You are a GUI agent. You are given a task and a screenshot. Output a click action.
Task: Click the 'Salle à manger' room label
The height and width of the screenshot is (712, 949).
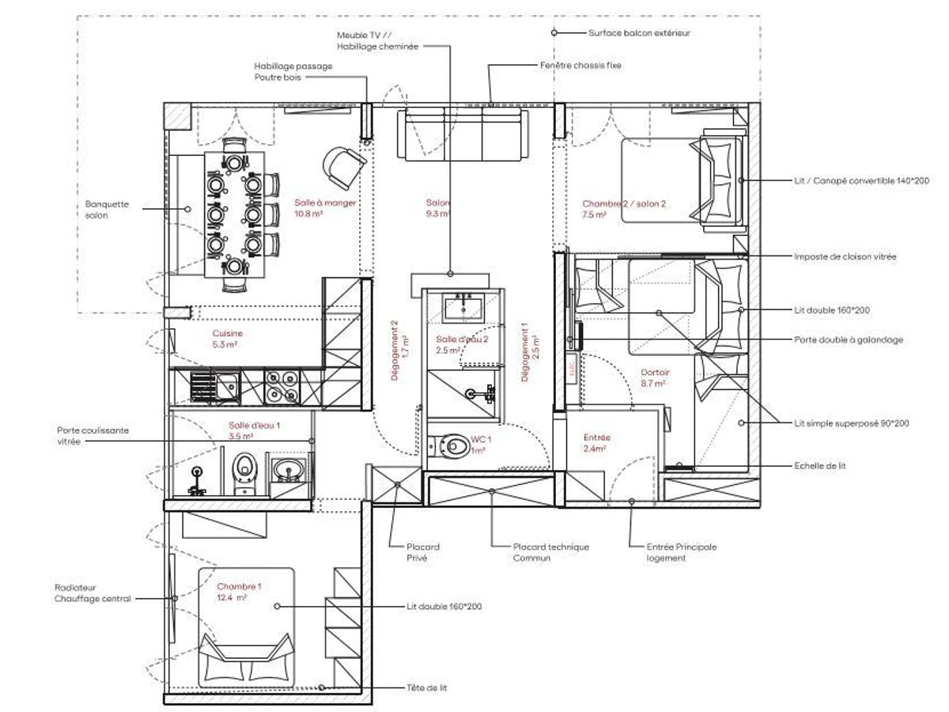tap(325, 203)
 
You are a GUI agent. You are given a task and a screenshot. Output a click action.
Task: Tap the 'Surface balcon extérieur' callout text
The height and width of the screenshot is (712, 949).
tap(639, 33)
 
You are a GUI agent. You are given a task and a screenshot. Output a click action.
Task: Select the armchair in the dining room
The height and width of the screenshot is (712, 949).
tap(344, 164)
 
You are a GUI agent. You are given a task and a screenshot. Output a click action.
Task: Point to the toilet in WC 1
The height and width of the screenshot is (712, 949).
tap(453, 447)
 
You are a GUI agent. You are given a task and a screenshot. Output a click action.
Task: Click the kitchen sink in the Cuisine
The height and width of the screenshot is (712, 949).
tap(214, 387)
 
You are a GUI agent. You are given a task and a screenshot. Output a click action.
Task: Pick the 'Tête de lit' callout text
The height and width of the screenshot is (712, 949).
tap(426, 688)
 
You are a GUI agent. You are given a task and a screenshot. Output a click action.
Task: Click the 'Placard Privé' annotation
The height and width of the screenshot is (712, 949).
tap(422, 552)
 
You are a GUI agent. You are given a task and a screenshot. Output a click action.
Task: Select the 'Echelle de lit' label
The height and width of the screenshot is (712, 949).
tap(819, 466)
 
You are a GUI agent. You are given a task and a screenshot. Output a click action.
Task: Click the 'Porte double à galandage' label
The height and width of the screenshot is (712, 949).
tap(848, 339)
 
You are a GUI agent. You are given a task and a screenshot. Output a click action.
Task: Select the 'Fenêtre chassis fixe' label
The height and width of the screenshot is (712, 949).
tap(580, 66)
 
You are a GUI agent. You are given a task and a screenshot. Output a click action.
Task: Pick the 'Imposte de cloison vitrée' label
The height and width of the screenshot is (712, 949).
tap(845, 257)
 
